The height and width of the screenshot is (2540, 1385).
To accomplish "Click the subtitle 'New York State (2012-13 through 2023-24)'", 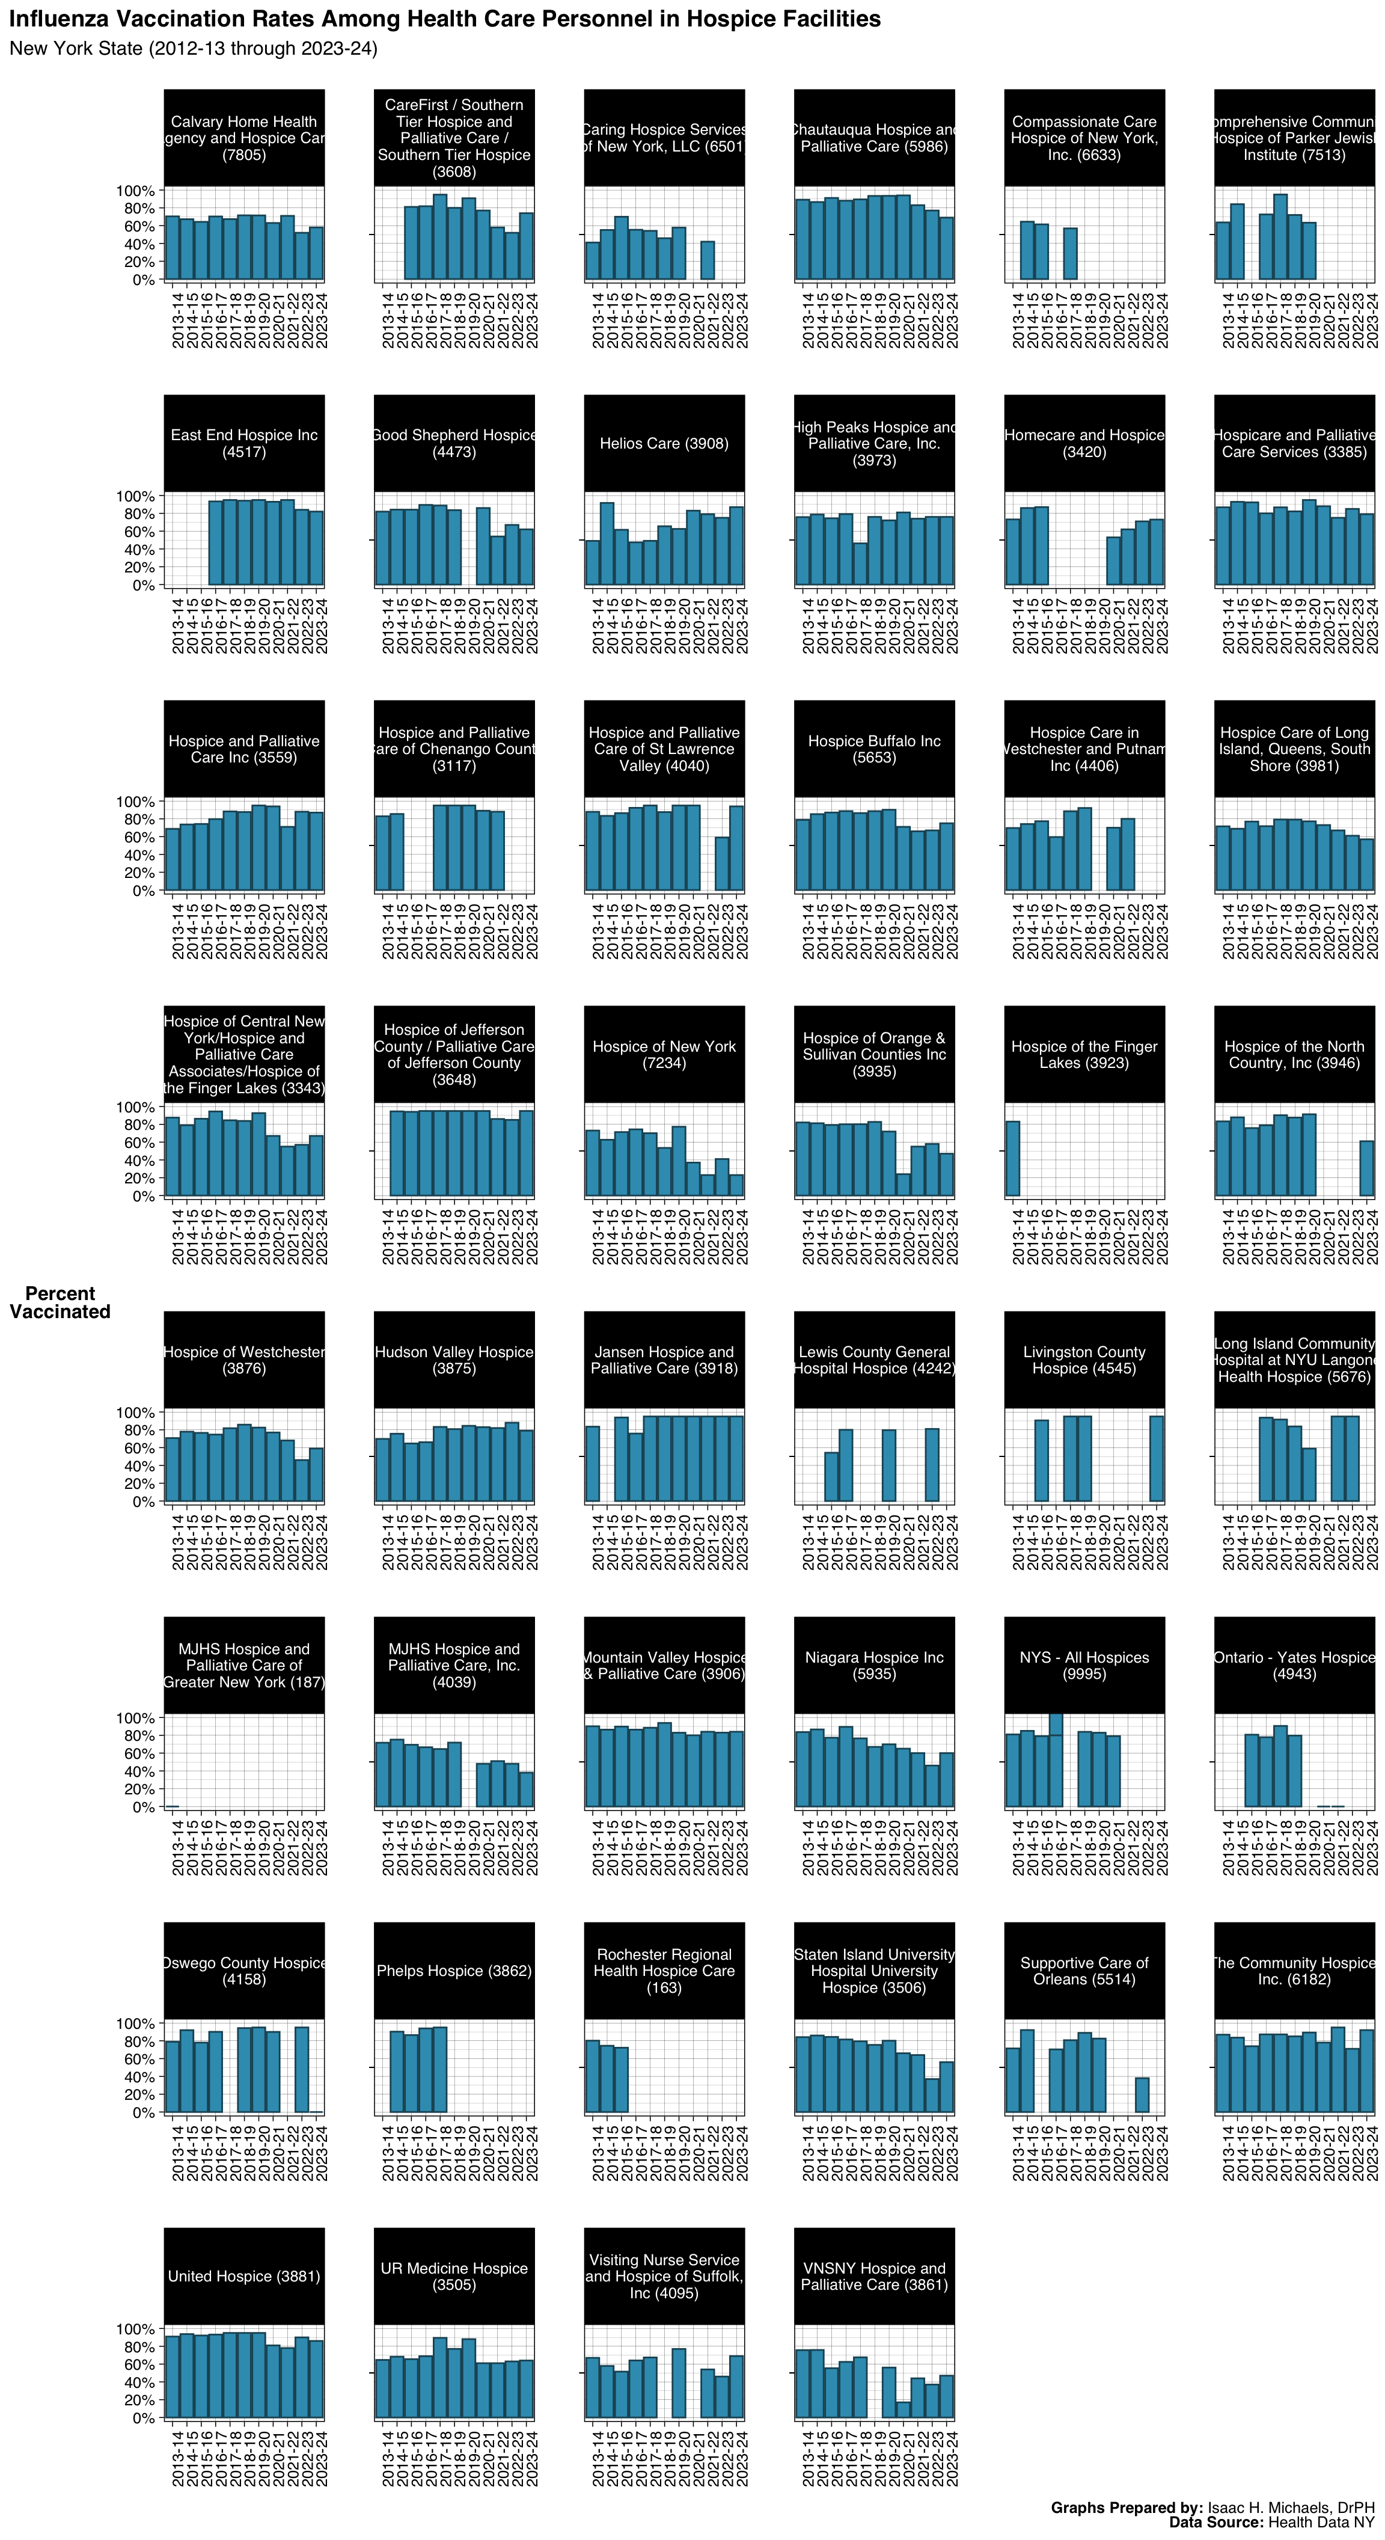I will pyautogui.click(x=193, y=48).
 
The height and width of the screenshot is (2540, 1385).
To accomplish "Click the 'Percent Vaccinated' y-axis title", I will pyautogui.click(x=60, y=1302).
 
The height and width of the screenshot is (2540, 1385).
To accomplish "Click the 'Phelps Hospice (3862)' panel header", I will pyautogui.click(x=453, y=1970).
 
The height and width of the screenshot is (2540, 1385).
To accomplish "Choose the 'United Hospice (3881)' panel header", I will pyautogui.click(x=243, y=2276).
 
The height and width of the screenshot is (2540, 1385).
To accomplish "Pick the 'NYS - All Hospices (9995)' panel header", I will pyautogui.click(x=1083, y=1666).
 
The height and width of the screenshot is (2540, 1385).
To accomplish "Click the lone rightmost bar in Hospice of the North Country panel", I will pyautogui.click(x=1366, y=1168).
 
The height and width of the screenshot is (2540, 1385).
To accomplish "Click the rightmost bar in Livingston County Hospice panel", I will pyautogui.click(x=1157, y=1458).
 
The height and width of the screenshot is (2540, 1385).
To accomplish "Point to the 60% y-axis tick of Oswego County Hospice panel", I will pyautogui.click(x=136, y=2059).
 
